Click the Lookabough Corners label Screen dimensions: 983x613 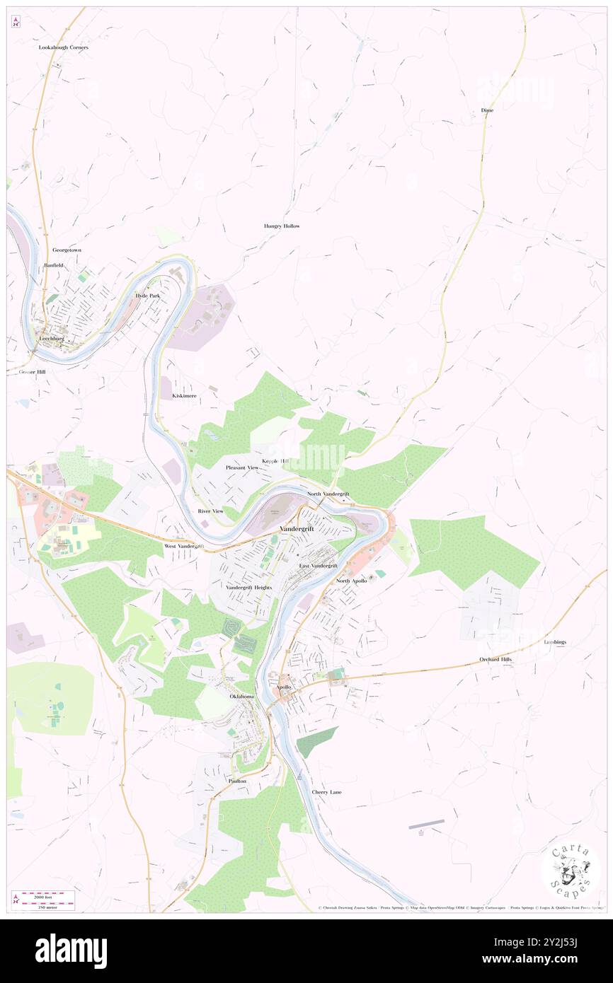pos(64,47)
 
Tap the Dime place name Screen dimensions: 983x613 pos(487,110)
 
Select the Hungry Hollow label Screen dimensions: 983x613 pos(282,226)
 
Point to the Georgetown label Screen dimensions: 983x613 pos(68,250)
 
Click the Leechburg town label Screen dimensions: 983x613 pos(49,338)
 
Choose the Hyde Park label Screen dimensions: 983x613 pos(147,295)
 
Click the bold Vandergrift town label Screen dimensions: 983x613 pos(297,528)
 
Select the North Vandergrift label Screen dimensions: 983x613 pos(328,494)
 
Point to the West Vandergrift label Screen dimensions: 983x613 pos(184,547)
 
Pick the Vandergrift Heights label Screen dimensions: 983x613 pos(249,588)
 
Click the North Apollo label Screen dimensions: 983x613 pos(351,581)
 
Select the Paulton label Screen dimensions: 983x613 pos(237,781)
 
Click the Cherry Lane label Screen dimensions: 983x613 pos(326,792)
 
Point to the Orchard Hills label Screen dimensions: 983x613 pos(495,659)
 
